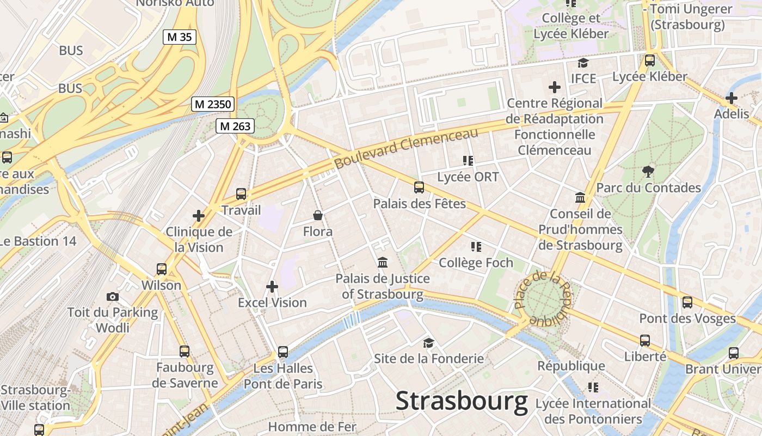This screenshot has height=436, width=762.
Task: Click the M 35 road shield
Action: tap(179, 37)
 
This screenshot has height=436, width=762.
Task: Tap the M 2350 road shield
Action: tap(212, 104)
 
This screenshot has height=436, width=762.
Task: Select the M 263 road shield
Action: tap(235, 126)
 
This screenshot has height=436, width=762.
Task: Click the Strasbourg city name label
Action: tap(462, 402)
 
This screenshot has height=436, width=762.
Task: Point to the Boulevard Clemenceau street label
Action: tap(406, 148)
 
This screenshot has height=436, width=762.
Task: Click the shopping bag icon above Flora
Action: tap(318, 216)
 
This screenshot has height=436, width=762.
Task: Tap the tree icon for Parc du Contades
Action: tap(648, 172)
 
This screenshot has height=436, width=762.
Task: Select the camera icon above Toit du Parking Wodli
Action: tap(113, 296)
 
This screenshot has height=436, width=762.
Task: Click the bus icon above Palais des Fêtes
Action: tap(419, 187)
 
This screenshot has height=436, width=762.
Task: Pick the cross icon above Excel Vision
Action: tap(272, 286)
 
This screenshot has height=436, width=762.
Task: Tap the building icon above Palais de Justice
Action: tap(383, 263)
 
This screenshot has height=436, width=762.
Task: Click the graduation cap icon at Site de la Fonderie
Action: tap(429, 343)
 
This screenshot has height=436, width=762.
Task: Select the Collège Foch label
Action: tap(476, 263)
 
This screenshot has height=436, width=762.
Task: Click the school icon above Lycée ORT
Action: tap(468, 161)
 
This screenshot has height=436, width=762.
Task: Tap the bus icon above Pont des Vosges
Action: tap(687, 302)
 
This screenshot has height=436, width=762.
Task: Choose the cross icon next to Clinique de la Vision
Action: tap(199, 216)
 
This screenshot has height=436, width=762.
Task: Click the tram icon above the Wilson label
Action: tap(161, 269)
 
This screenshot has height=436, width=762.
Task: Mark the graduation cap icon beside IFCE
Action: tap(583, 63)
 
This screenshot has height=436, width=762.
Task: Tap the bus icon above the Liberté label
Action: tap(645, 341)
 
